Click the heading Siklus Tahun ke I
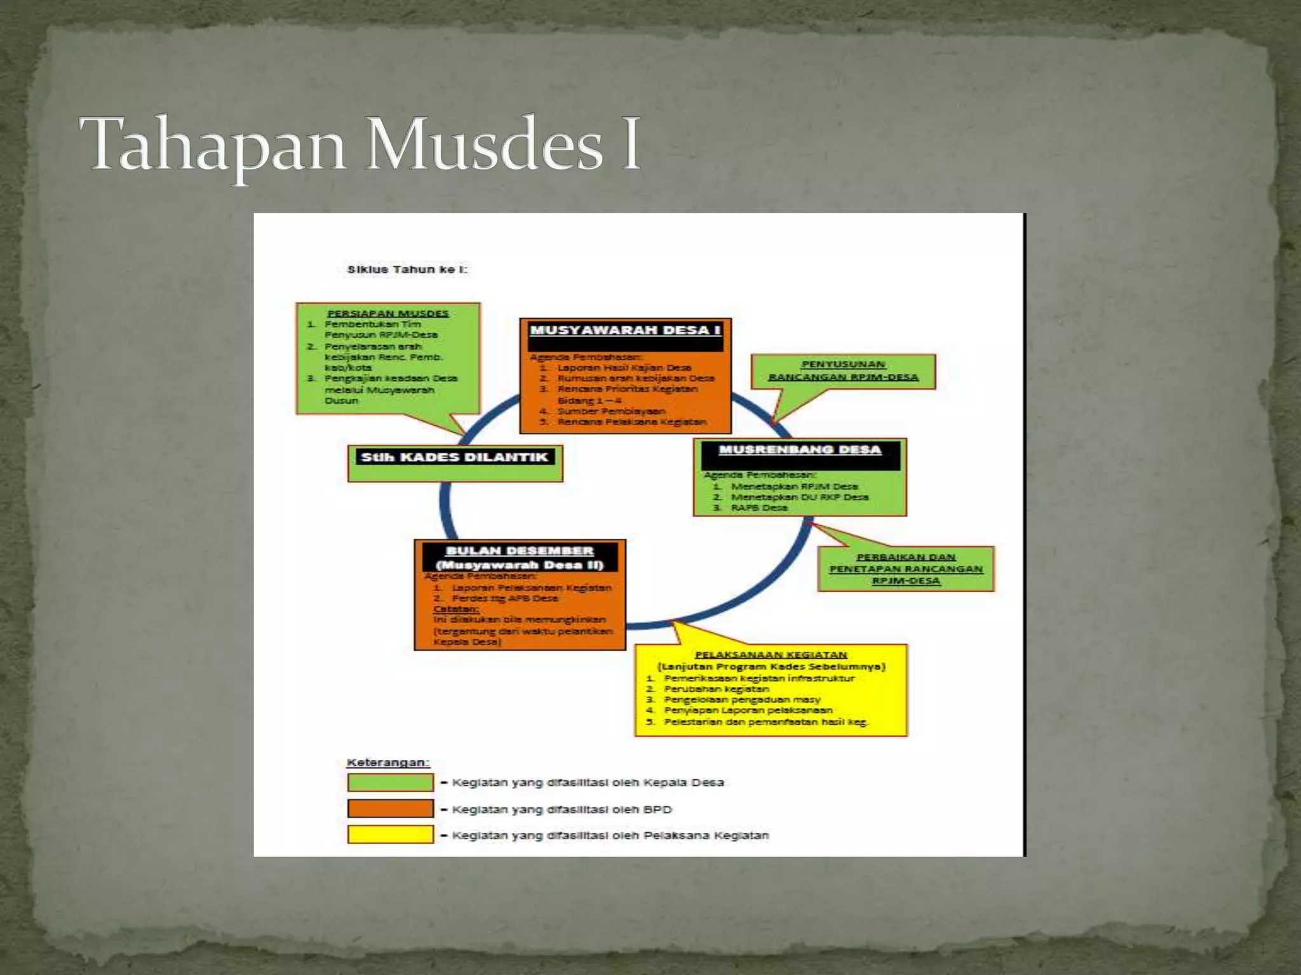(x=407, y=270)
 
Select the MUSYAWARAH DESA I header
(x=625, y=331)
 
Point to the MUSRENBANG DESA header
(x=800, y=450)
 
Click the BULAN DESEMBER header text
(x=520, y=551)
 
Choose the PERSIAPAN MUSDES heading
(x=388, y=314)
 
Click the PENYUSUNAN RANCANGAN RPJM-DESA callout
(x=843, y=371)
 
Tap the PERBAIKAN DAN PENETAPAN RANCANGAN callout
(x=906, y=569)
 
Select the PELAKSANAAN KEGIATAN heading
(x=771, y=654)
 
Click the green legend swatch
(x=391, y=783)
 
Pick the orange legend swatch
(x=391, y=809)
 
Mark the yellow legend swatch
(x=391, y=835)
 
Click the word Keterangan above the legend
(x=388, y=762)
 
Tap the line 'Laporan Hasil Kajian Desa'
(x=624, y=368)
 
